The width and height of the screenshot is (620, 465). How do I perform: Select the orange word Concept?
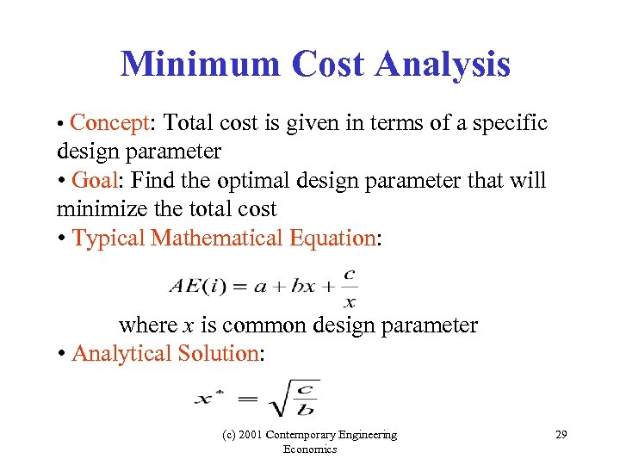(109, 123)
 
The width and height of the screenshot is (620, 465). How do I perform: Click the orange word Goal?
(95, 180)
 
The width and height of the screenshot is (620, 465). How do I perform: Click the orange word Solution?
(218, 353)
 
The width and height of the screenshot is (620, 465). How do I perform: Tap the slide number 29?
(561, 435)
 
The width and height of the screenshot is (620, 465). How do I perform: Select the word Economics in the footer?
(309, 449)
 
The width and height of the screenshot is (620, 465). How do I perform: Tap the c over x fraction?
(349, 288)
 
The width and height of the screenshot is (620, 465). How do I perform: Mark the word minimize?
(95, 209)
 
